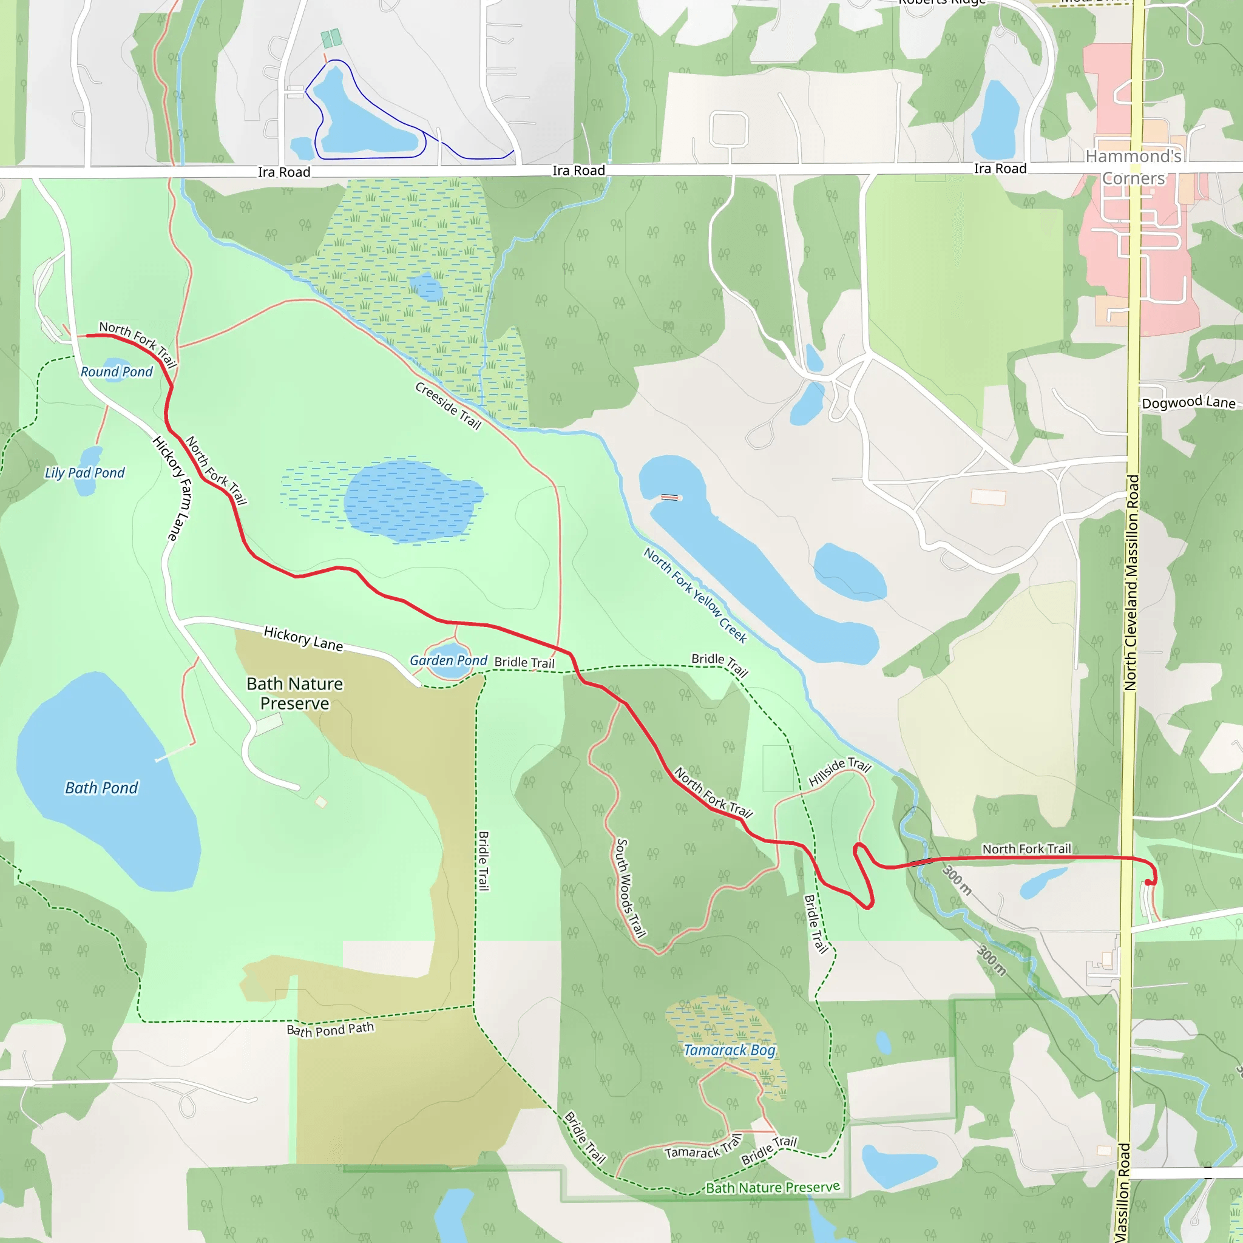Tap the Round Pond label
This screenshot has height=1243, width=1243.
point(117,372)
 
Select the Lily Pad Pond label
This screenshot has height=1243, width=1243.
point(85,473)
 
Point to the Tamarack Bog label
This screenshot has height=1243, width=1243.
point(730,1050)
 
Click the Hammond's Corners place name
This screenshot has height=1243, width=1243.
point(1134,167)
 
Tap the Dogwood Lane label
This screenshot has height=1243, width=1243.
point(1188,403)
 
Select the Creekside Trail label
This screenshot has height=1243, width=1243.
point(449,405)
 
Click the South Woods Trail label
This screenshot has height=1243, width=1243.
point(631,887)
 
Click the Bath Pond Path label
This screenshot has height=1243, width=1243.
point(330,1029)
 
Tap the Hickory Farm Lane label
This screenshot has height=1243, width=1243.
point(172,488)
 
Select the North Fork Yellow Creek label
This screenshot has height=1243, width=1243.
point(696,595)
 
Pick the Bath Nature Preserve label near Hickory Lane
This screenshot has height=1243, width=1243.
point(294,693)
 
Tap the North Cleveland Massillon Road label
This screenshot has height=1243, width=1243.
point(1131,582)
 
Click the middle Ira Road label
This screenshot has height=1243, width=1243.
point(578,171)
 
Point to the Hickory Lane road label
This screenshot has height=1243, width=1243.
point(303,639)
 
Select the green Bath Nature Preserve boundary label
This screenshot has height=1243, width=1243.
point(773,1187)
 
